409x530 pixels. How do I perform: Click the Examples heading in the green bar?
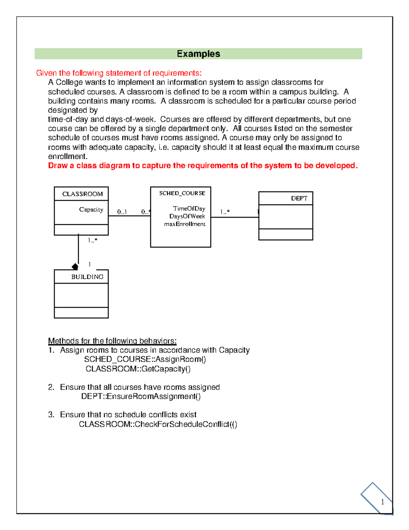tap(198, 54)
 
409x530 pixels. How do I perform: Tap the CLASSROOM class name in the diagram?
tap(82, 194)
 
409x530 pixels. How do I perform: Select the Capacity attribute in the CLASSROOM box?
tap(91, 210)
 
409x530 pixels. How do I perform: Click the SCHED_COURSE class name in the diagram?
tap(182, 193)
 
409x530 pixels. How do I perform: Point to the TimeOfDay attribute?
tap(189, 209)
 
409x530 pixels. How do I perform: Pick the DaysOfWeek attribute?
tap(187, 216)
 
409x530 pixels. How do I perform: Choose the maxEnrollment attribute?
tap(185, 224)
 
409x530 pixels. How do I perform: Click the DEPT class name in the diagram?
tap(299, 198)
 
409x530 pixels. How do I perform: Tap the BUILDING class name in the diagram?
tap(87, 277)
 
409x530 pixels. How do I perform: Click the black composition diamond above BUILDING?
tap(75, 267)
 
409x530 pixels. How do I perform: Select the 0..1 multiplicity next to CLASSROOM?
tap(122, 212)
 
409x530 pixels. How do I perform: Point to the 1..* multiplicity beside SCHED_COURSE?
tap(225, 212)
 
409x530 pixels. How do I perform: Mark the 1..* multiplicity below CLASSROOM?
tap(92, 240)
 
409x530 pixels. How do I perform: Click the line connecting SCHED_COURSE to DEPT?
tap(234, 217)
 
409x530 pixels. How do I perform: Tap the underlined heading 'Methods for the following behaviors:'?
tap(112, 341)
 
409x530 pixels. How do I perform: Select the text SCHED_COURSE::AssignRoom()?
tap(145, 359)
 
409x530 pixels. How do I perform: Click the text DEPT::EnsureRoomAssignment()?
tap(141, 397)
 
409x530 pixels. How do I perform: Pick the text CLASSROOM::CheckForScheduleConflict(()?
tap(158, 424)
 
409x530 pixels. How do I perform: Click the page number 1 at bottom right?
tap(382, 502)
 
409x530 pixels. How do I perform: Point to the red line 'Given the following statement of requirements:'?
tap(119, 73)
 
